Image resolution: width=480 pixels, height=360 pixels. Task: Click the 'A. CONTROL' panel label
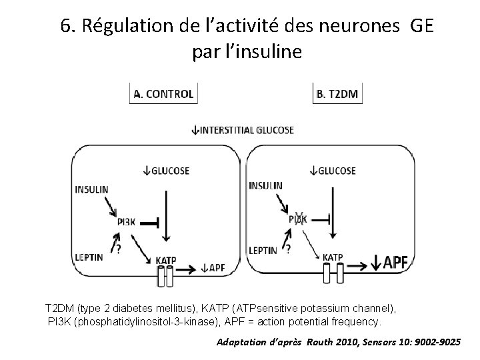(x=164, y=94)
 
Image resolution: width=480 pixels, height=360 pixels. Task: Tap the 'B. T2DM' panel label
(x=337, y=94)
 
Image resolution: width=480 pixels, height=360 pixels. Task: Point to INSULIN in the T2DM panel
(x=265, y=185)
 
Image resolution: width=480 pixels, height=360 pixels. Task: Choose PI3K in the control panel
(x=125, y=223)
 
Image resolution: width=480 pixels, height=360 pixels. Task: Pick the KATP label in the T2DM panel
(x=333, y=257)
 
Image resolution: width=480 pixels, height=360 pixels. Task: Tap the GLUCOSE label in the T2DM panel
(x=337, y=171)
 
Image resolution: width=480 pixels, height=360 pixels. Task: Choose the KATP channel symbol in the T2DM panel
(x=331, y=272)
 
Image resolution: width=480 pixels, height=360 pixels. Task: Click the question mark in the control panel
(x=118, y=249)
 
